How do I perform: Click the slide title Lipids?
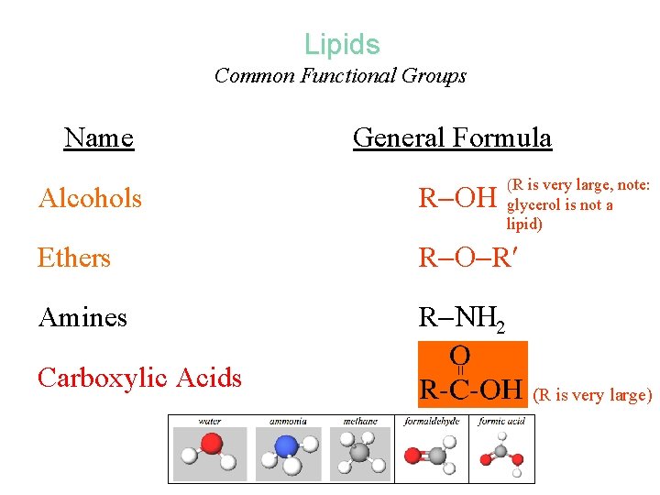[x=341, y=44]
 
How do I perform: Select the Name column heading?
[x=99, y=138]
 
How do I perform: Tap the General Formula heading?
[x=452, y=138]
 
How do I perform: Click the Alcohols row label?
[x=90, y=198]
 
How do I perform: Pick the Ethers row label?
[x=73, y=258]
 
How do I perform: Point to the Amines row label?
[x=82, y=318]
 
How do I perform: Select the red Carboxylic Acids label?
[x=139, y=378]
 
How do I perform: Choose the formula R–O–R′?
[x=466, y=258]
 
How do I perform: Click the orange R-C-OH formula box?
[x=473, y=373]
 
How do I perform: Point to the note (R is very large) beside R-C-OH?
[x=594, y=396]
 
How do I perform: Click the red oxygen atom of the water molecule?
[x=212, y=445]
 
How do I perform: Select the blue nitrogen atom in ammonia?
[x=286, y=447]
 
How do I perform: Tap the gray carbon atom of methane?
[x=359, y=452]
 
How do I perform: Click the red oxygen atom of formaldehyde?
[x=415, y=455]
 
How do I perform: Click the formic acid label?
[x=502, y=422]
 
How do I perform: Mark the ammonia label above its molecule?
[x=288, y=422]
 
